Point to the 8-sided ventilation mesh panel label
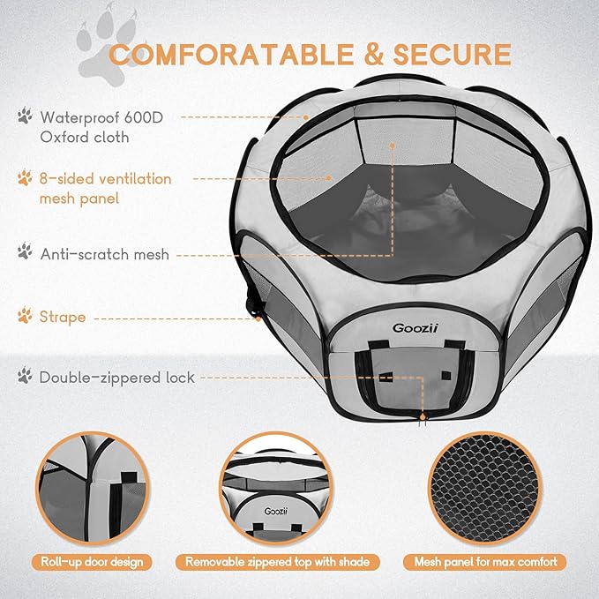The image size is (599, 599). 105,188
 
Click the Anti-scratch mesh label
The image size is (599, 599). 104,253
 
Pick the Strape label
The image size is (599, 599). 63,316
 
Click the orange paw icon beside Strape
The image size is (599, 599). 24,315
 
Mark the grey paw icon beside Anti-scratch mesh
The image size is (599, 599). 24,252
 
